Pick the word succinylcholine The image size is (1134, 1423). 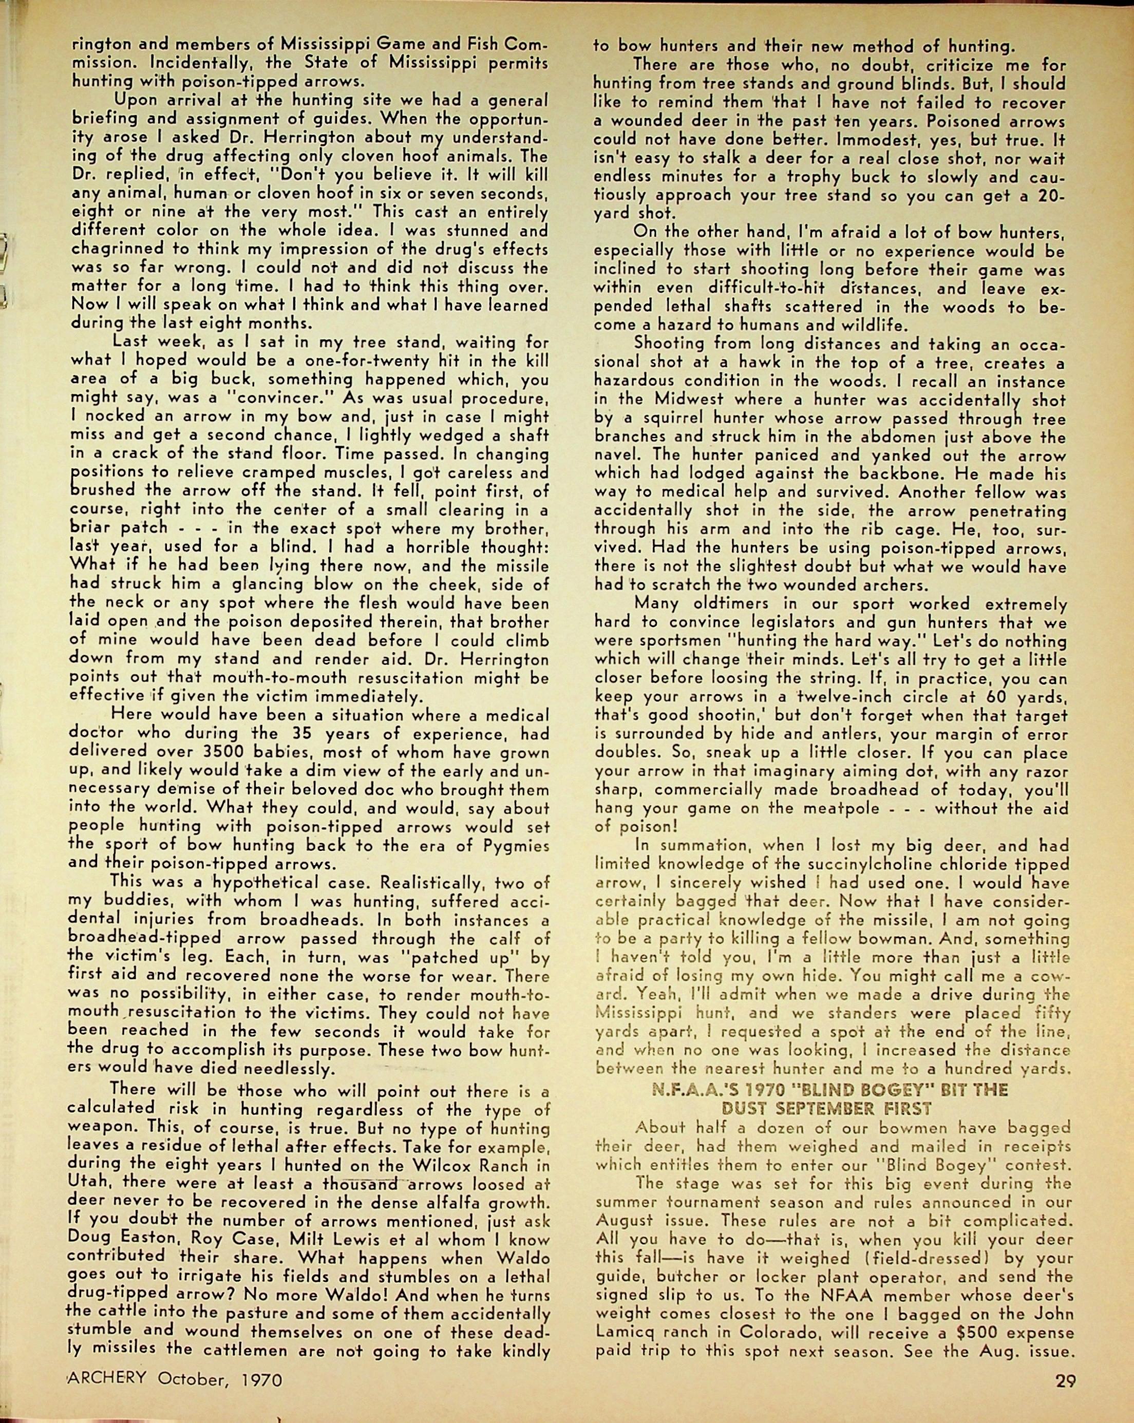pyautogui.click(x=877, y=864)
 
